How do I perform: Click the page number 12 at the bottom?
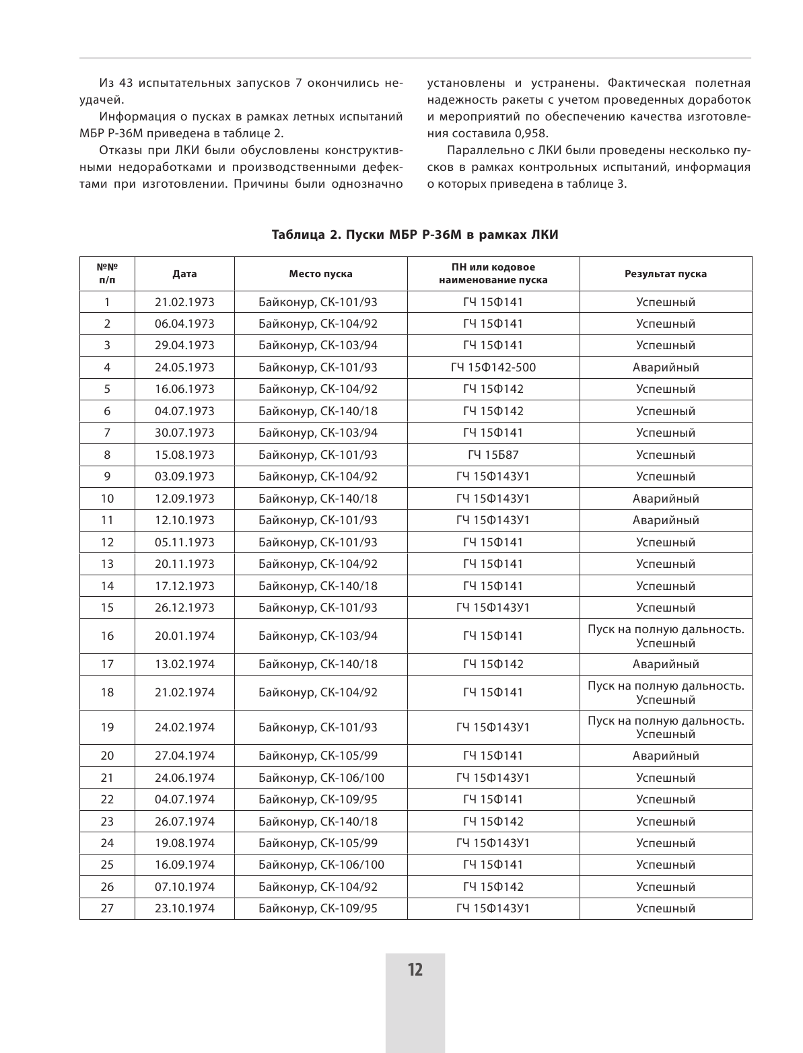pyautogui.click(x=415, y=970)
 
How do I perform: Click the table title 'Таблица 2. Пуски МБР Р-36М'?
pyautogui.click(x=415, y=235)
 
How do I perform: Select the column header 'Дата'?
pyautogui.click(x=184, y=274)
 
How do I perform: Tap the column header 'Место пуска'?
pyautogui.click(x=320, y=274)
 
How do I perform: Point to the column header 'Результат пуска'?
pyautogui.click(x=665, y=274)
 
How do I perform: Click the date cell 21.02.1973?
pyautogui.click(x=184, y=302)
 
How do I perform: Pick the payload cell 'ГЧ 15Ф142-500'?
pyautogui.click(x=493, y=367)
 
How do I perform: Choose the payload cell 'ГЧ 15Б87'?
pyautogui.click(x=493, y=455)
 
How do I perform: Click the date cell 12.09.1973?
pyautogui.click(x=184, y=499)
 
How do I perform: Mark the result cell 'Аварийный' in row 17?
pyautogui.click(x=665, y=664)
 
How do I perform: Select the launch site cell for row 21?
pyautogui.click(x=321, y=778)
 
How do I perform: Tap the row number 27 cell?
pyautogui.click(x=107, y=908)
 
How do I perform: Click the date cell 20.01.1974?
pyautogui.click(x=184, y=636)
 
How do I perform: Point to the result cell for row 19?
pyautogui.click(x=665, y=727)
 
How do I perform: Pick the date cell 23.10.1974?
pyautogui.click(x=184, y=908)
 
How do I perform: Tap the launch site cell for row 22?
pyautogui.click(x=318, y=799)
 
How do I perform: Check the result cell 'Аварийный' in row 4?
pyautogui.click(x=665, y=367)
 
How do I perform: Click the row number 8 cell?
pyautogui.click(x=107, y=455)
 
